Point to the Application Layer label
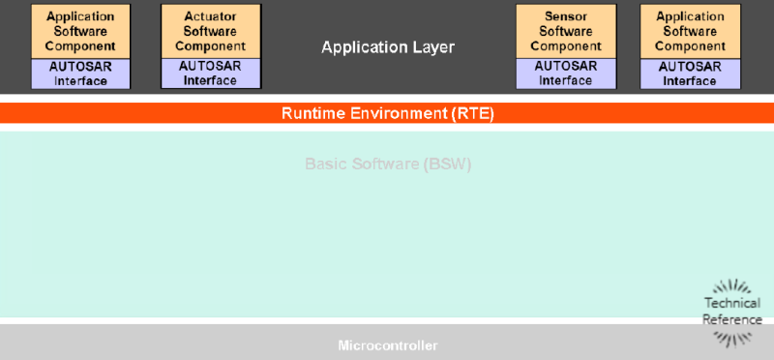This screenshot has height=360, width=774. click(x=387, y=47)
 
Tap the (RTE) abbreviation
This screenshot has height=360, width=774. click(x=473, y=113)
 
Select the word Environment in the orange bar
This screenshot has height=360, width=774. click(x=399, y=113)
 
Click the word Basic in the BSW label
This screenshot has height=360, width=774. click(x=324, y=164)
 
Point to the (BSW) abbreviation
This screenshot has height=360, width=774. click(x=447, y=164)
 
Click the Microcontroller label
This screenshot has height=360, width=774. click(x=387, y=345)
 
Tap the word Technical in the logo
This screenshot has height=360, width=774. click(x=732, y=304)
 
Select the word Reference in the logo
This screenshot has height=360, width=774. click(x=732, y=319)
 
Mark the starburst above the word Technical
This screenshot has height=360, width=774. click(x=732, y=287)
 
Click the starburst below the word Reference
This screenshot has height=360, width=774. click(x=732, y=337)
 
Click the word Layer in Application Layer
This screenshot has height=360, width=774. click(x=434, y=47)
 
